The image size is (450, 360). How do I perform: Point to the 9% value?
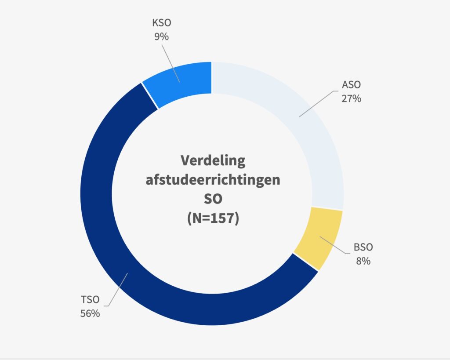161,37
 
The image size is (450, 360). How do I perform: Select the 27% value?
351,98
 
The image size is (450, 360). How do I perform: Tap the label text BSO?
363,247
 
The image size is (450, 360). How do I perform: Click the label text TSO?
90,300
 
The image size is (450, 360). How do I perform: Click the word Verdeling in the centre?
213,160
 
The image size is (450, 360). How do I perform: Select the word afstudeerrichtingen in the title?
213,180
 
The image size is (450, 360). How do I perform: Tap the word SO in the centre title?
213,199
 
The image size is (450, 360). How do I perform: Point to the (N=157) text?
213,218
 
